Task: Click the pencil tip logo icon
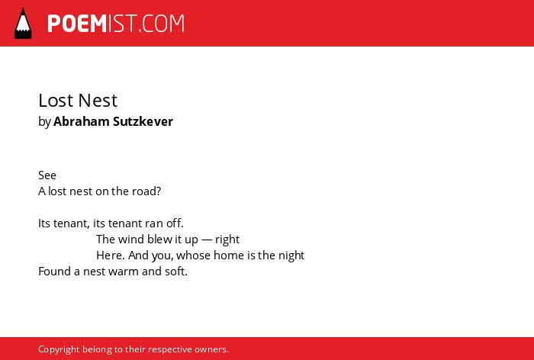click(x=23, y=24)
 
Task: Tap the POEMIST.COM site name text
click(x=116, y=24)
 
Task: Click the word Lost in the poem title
click(x=56, y=101)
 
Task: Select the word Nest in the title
click(x=98, y=101)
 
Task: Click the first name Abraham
click(x=82, y=121)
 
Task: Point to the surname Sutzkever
click(x=143, y=121)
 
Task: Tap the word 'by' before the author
click(x=44, y=122)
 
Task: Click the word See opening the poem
click(x=47, y=175)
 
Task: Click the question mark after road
click(x=158, y=191)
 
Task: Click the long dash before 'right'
click(x=207, y=239)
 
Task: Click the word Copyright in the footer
click(x=59, y=350)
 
